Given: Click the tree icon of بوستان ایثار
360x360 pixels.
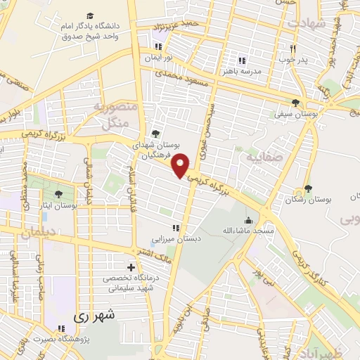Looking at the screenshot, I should [x=58, y=193].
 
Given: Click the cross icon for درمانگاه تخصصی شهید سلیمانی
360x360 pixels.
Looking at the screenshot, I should [x=131, y=267].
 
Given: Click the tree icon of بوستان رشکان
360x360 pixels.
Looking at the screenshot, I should [x=307, y=188].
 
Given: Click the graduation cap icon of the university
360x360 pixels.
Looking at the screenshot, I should [x=91, y=15].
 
